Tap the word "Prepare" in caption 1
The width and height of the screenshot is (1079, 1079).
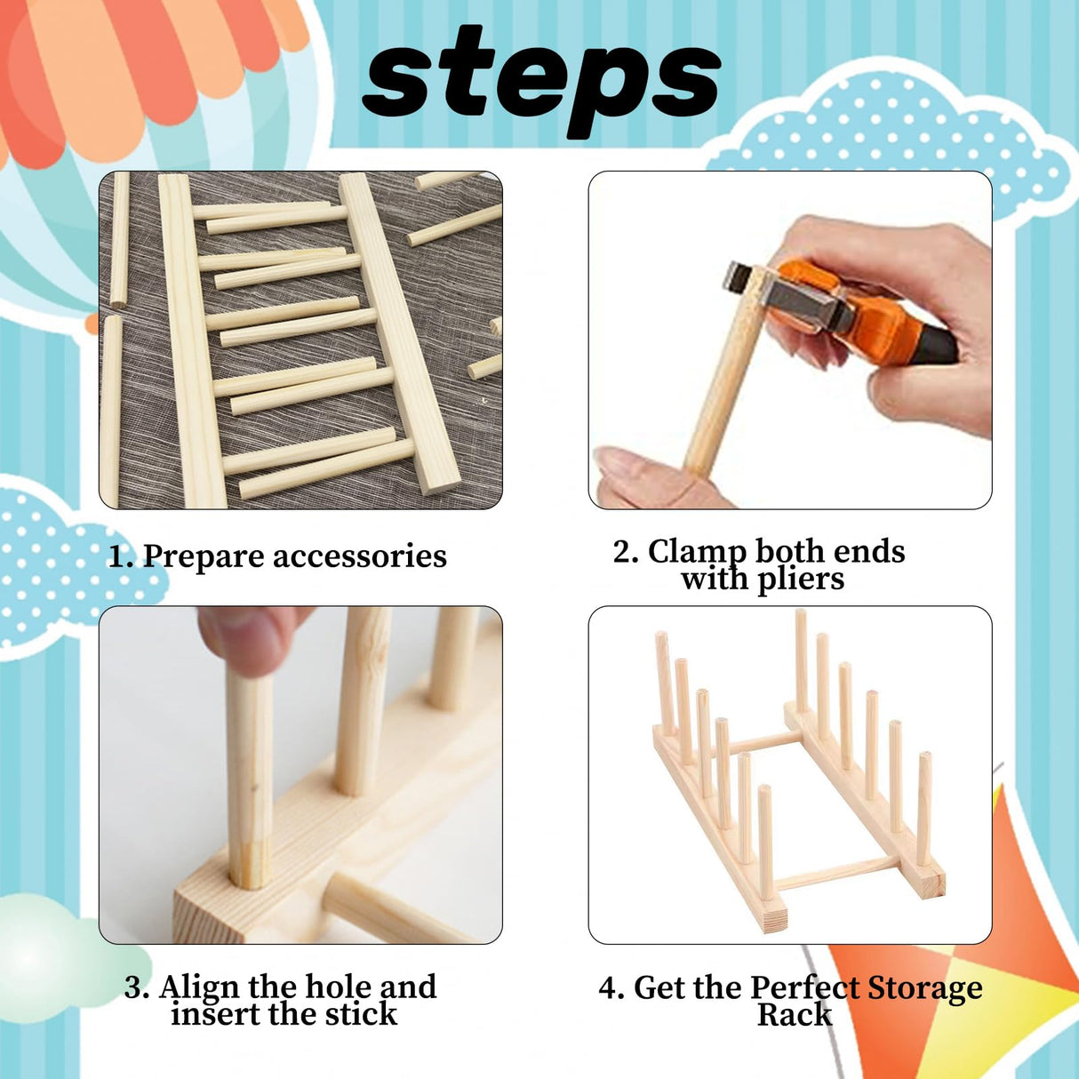[x=204, y=556]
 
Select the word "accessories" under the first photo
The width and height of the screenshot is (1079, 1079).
[x=359, y=556]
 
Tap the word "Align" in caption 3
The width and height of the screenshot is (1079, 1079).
[x=200, y=987]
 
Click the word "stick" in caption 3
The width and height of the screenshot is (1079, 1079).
[x=361, y=1014]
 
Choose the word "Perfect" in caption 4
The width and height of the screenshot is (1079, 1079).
[x=805, y=987]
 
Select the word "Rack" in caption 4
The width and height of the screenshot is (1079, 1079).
[x=794, y=1015]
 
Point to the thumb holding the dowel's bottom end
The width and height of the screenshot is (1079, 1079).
[x=640, y=471]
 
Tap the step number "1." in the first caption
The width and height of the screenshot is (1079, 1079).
[x=121, y=557]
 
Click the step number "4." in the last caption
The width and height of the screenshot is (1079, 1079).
[x=611, y=988]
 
